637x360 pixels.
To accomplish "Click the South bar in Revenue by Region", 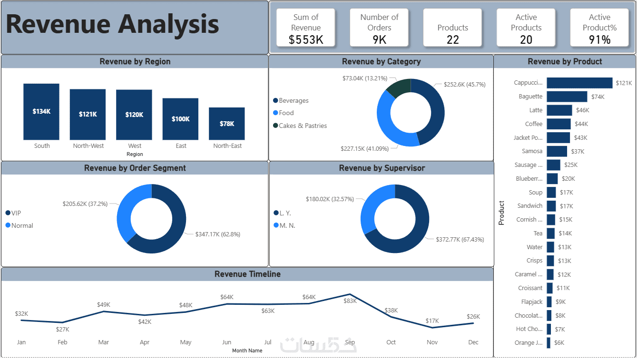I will tap(41, 111).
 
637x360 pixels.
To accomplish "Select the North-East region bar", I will tap(226, 123).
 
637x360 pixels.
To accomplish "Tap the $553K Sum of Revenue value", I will tap(306, 40).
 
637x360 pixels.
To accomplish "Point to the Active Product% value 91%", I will tap(599, 40).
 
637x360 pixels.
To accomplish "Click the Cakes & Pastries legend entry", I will tap(303, 126).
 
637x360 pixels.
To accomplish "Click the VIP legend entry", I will tap(16, 213).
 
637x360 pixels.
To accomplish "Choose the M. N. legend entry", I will tap(287, 225).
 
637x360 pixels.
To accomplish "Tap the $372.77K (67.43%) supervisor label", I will tap(460, 239).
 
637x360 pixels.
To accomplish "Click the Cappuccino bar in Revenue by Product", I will tap(579, 83).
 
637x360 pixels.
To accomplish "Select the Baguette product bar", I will tap(567, 97).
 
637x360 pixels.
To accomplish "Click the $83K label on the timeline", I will tap(350, 301).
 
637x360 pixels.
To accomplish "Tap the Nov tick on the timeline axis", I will tap(432, 342).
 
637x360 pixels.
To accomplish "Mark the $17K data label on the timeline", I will tap(432, 321).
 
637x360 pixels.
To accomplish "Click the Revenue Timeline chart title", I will tap(247, 274).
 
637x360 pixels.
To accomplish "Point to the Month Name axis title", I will tap(247, 350).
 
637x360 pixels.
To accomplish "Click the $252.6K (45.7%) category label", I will tap(464, 84).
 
